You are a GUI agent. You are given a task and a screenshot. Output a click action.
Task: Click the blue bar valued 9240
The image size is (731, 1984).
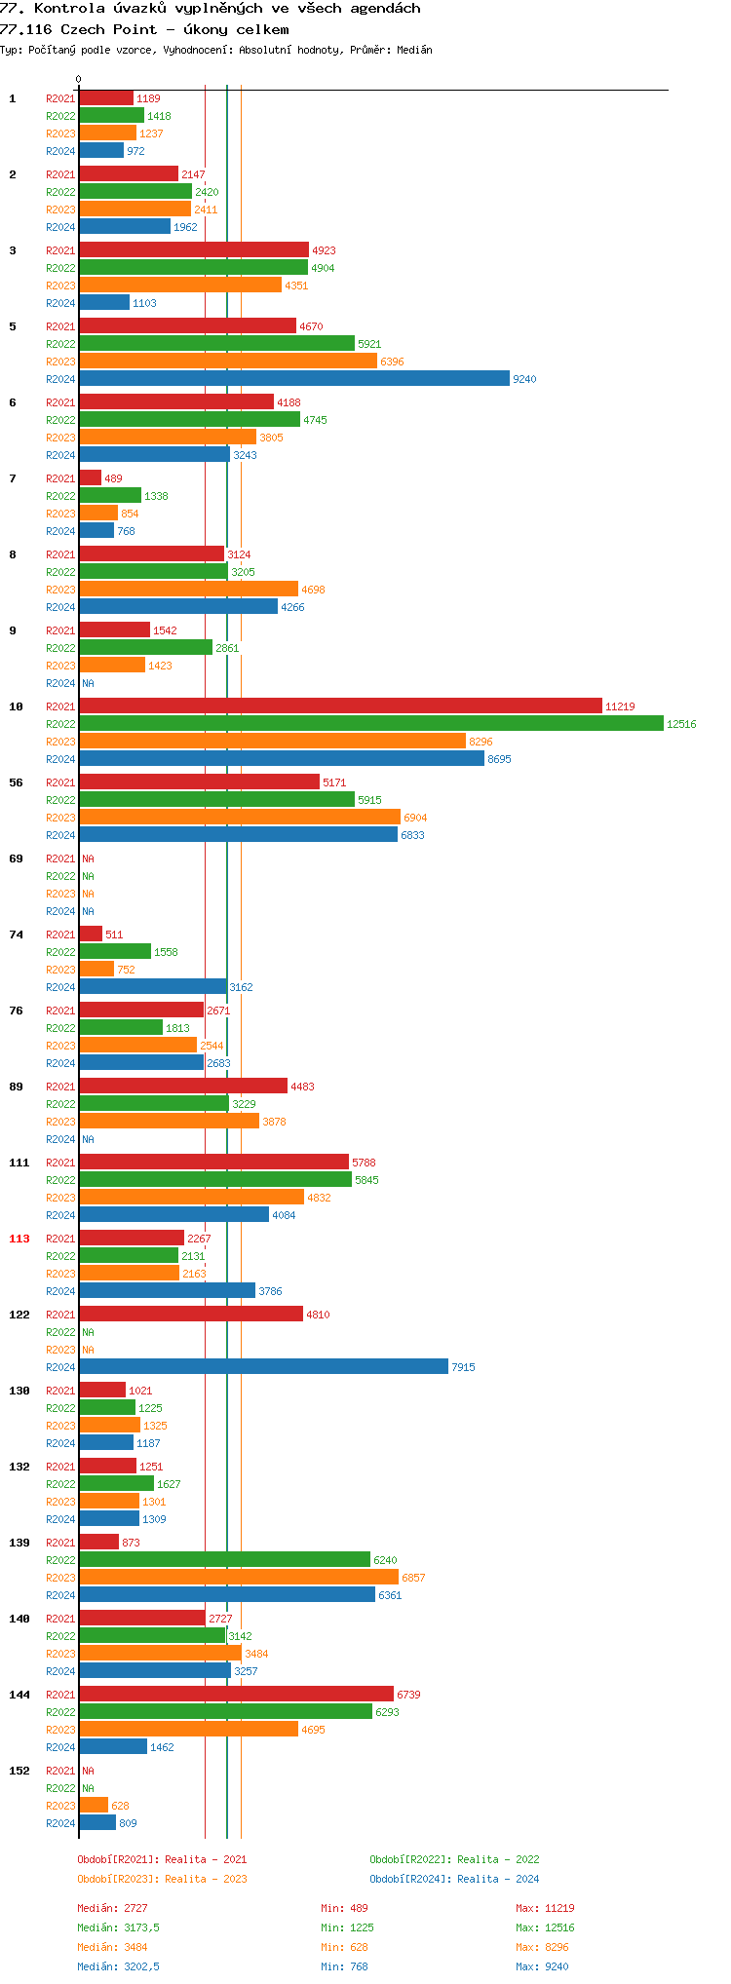tap(293, 379)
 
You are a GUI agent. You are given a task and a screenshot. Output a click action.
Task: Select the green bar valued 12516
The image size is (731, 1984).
tap(370, 724)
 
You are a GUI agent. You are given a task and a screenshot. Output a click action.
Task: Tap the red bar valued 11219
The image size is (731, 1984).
tap(340, 706)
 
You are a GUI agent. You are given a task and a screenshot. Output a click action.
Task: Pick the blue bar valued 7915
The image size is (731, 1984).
tap(263, 1367)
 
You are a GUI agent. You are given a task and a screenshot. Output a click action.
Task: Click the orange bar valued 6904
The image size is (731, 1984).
tap(239, 818)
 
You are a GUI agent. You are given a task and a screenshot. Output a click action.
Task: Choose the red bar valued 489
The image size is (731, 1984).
tap(90, 478)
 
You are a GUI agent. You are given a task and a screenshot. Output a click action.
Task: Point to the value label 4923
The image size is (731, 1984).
tap(324, 250)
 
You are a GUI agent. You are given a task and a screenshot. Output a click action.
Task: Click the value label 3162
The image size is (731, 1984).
tap(241, 987)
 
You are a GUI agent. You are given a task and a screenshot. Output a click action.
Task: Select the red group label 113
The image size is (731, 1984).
tap(19, 1239)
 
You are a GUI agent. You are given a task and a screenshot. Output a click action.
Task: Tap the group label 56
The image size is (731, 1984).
tap(16, 782)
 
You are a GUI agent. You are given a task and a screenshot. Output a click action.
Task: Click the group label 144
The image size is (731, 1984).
tap(19, 1695)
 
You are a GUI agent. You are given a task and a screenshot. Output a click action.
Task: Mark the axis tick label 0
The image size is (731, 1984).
tap(79, 80)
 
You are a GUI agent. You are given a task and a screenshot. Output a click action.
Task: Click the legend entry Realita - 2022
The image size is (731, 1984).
tap(454, 1859)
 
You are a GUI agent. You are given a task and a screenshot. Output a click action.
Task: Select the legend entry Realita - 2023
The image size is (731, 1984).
tap(162, 1879)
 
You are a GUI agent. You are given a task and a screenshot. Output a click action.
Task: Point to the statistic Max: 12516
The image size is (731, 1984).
tap(545, 1927)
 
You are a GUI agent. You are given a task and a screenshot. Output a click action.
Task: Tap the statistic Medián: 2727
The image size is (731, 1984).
tap(112, 1908)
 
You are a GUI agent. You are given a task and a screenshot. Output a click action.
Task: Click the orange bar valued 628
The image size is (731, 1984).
tap(94, 1806)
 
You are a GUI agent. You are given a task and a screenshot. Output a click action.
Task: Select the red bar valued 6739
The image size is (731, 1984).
tap(236, 1695)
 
